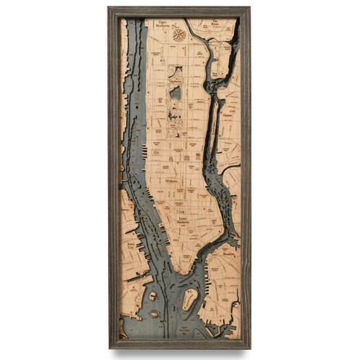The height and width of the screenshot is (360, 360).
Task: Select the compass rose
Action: tap(180, 33)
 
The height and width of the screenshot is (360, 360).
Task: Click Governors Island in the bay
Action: tap(189, 299)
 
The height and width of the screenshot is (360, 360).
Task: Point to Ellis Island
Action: tap(153, 296)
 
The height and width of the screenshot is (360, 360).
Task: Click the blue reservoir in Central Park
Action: tap(176, 92)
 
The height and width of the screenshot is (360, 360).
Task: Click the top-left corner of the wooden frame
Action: tap(109, 8)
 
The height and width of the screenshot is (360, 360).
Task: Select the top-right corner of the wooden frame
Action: tap(250, 8)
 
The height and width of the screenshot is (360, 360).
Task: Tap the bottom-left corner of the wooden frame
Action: tap(109, 348)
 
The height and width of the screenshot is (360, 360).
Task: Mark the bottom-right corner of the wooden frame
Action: tap(250, 348)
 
